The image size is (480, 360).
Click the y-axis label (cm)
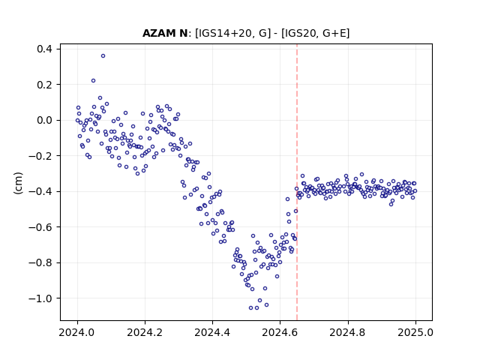[x=18, y=183]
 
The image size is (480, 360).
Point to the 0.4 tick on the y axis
[x=45, y=49]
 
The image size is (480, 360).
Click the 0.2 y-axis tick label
[x=45, y=85]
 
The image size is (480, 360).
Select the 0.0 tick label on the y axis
[x=45, y=120]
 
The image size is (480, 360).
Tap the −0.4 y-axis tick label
[x=40, y=192]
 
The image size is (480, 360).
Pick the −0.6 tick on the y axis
[x=40, y=227]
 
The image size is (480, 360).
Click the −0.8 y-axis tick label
[x=40, y=262]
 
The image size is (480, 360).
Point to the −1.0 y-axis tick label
[x=40, y=298]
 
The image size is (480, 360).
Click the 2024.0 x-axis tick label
[x=77, y=332]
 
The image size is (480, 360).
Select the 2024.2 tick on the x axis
[x=145, y=332]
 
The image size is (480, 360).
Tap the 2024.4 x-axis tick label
[x=212, y=332]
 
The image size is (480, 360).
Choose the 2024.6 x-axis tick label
[x=280, y=332]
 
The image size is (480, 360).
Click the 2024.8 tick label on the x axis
[x=348, y=332]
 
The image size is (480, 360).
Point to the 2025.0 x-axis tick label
[x=415, y=332]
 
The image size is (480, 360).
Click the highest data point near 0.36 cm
[x=103, y=56]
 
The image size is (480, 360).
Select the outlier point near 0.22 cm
[x=93, y=81]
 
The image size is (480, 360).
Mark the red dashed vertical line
[x=297, y=182]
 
